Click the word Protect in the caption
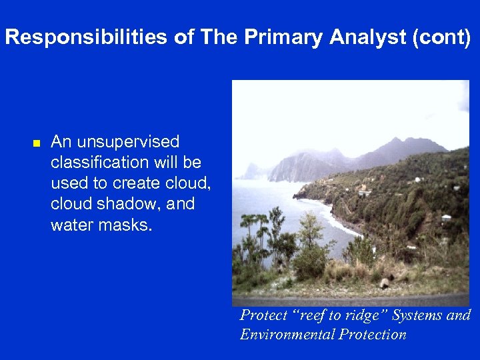click(261, 315)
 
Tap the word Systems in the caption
click(417, 315)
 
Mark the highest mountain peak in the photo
click(398, 140)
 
